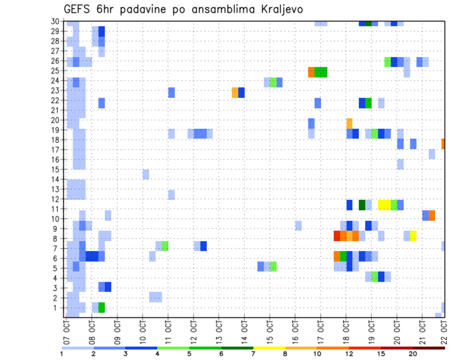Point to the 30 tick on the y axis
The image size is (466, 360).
pos(55,21)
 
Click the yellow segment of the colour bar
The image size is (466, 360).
pos(269,348)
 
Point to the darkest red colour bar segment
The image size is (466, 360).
pos(429,348)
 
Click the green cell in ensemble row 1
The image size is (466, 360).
pos(101,308)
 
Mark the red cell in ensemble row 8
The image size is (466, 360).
pos(336,236)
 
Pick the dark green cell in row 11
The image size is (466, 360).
pos(362,205)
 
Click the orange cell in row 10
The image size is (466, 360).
pos(432,215)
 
